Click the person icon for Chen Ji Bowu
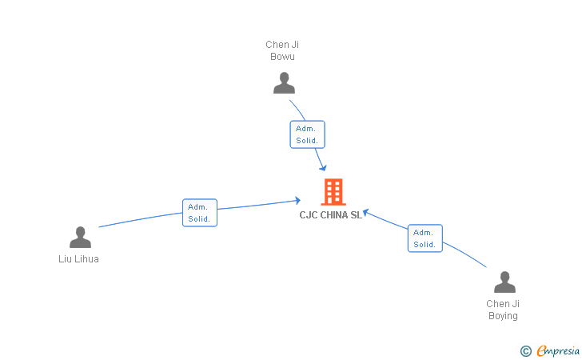pyautogui.click(x=283, y=82)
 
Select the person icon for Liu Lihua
pyautogui.click(x=80, y=237)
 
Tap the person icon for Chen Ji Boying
pyautogui.click(x=504, y=282)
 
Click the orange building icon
pyautogui.click(x=333, y=192)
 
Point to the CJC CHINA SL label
pyautogui.click(x=331, y=214)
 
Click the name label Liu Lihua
pyautogui.click(x=79, y=259)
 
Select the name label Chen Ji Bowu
pyautogui.click(x=282, y=50)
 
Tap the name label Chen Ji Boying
pyautogui.click(x=503, y=310)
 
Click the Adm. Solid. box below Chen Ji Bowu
pyautogui.click(x=307, y=134)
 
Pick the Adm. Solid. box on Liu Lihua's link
pyautogui.click(x=199, y=213)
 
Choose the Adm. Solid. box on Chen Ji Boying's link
pyautogui.click(x=425, y=238)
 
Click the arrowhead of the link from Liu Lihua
pyautogui.click(x=297, y=201)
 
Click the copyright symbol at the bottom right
pyautogui.click(x=525, y=350)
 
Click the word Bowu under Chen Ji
pyautogui.click(x=282, y=57)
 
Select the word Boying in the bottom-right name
pyautogui.click(x=503, y=316)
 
